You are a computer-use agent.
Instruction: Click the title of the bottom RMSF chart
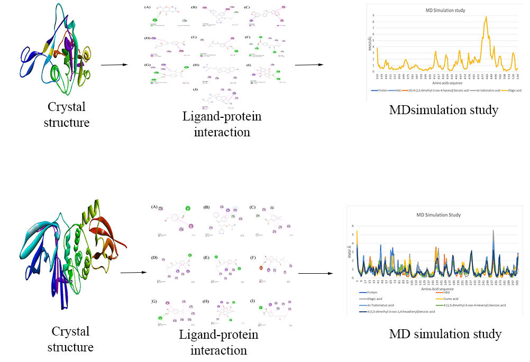point(438,215)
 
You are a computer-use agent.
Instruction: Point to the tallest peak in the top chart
point(486,17)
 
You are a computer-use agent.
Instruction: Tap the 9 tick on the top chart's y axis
point(374,15)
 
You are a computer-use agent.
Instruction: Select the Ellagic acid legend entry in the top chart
point(511,90)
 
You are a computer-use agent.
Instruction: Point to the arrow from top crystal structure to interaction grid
point(113,65)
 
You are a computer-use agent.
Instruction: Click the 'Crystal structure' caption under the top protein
point(66,115)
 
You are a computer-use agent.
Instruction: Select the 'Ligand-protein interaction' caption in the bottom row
point(218,342)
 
